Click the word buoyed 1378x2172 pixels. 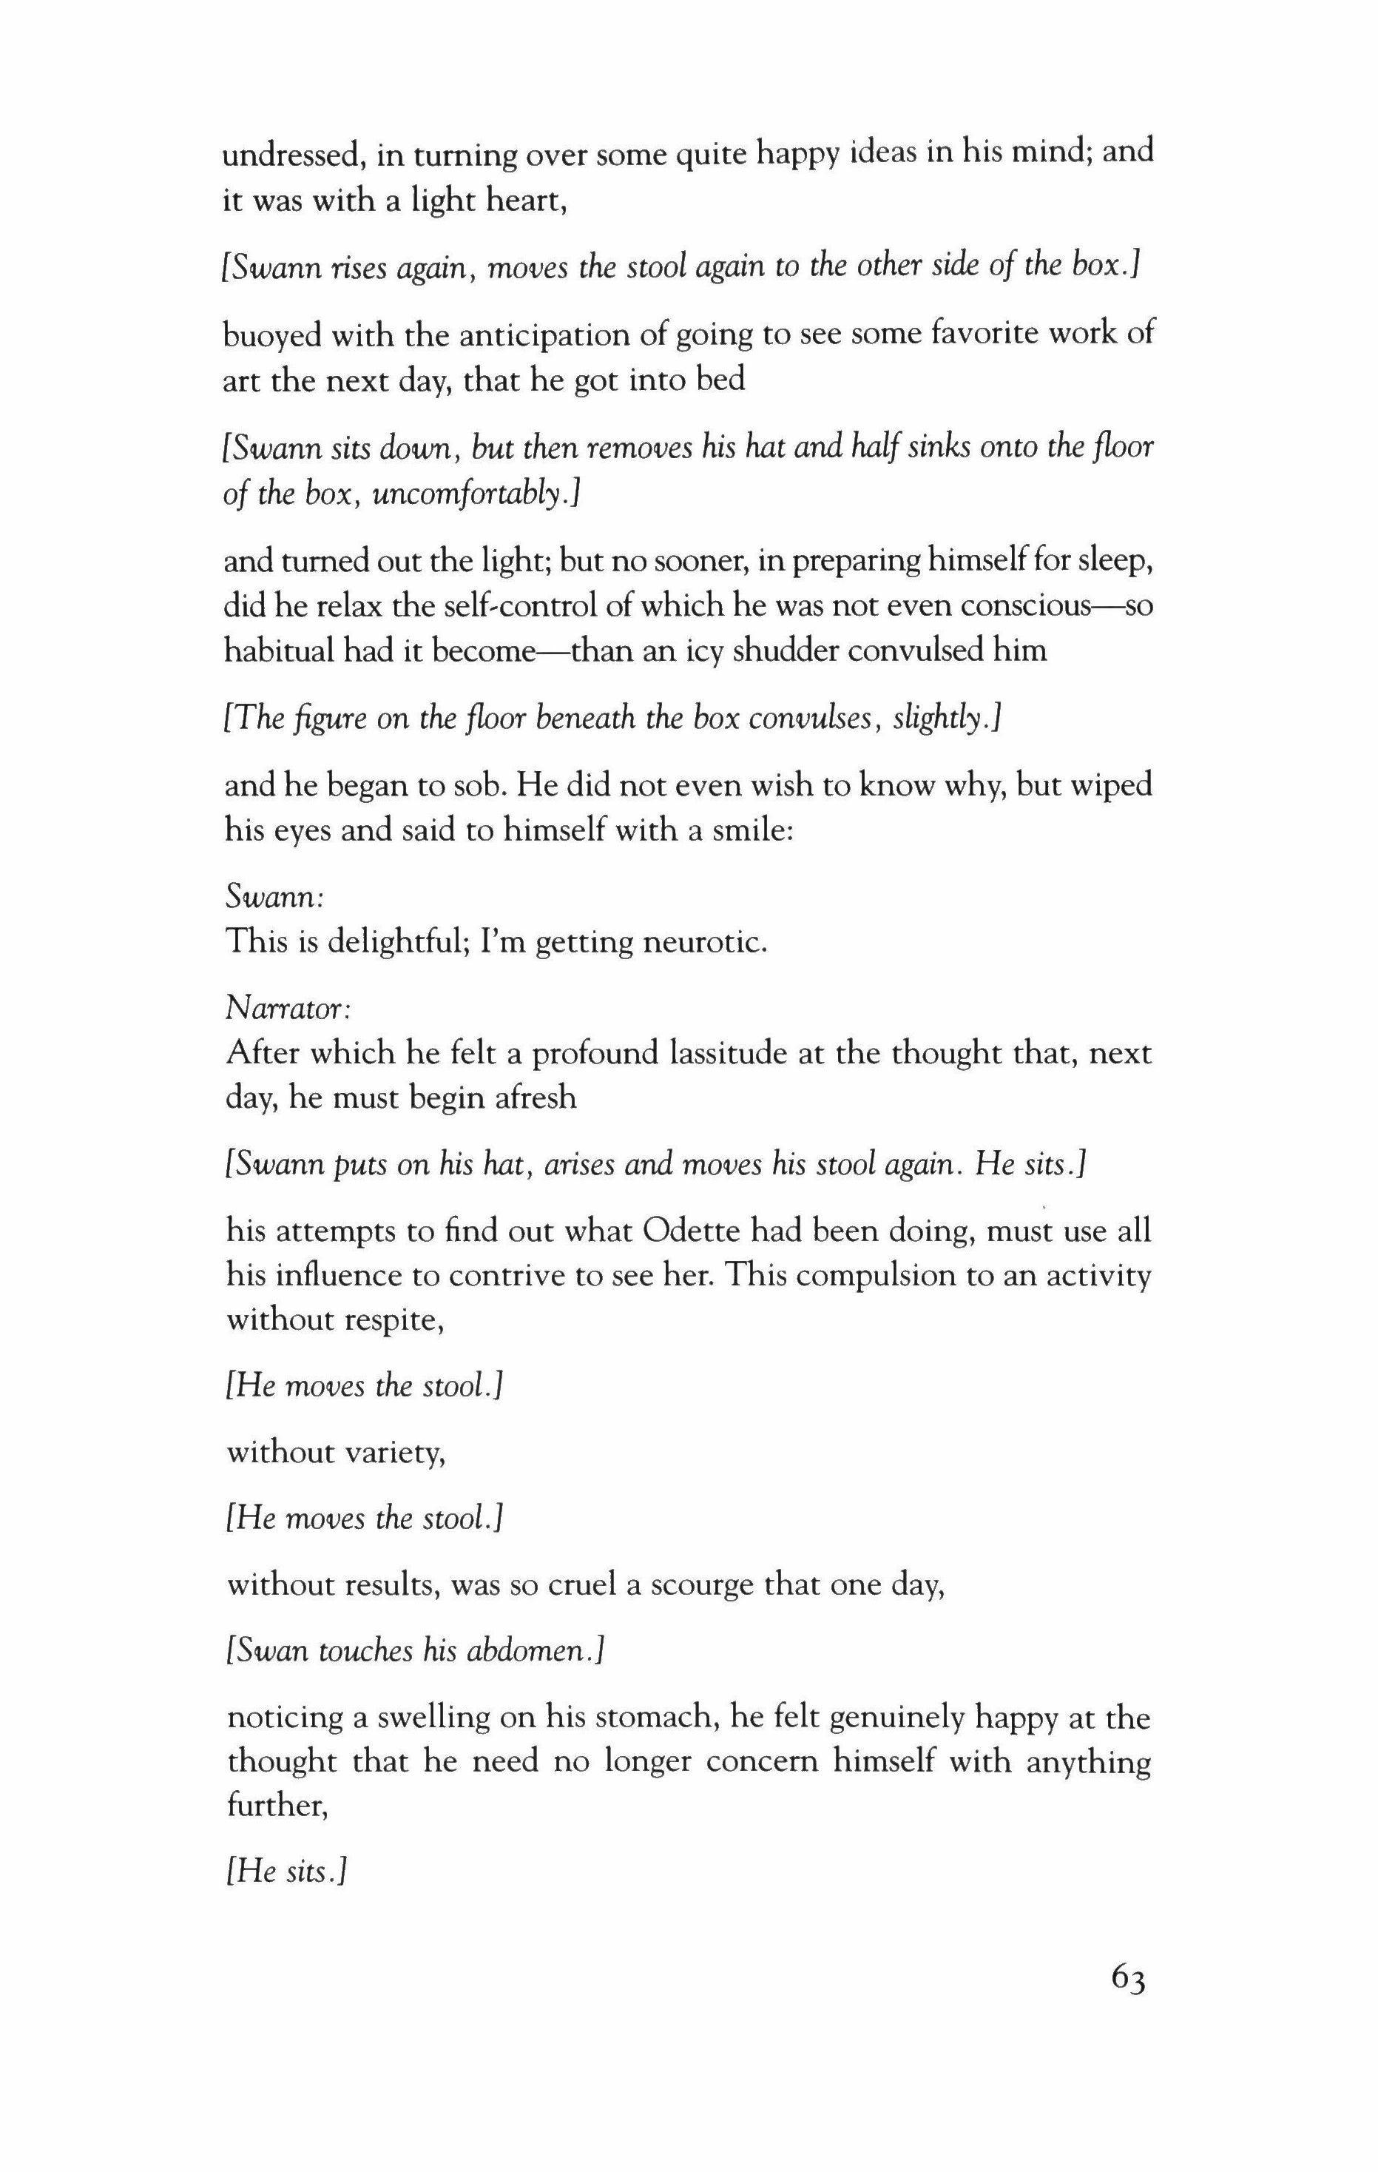[x=271, y=335]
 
